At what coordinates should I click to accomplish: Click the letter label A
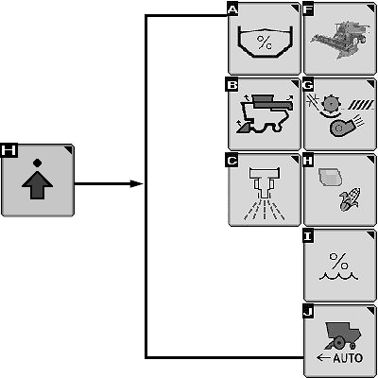point(232,9)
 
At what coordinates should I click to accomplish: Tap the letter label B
point(232,85)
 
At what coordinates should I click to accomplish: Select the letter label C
point(232,161)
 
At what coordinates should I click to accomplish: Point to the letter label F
point(308,9)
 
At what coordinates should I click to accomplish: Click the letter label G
point(308,85)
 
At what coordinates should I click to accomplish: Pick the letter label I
point(308,236)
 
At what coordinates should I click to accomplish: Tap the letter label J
point(308,312)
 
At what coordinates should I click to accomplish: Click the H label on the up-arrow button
point(9,150)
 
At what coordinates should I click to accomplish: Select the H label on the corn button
point(308,161)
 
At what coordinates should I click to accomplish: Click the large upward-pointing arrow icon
point(37,185)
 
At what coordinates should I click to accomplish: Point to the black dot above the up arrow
point(37,163)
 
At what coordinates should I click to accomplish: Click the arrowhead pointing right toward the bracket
point(137,183)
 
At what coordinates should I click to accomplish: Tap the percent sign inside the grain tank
point(265,43)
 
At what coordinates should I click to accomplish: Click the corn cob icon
point(350,199)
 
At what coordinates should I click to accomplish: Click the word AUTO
point(348,358)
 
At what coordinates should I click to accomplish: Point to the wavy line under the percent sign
point(338,276)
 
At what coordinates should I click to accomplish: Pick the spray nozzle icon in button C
point(264,194)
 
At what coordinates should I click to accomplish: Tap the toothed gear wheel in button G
point(330,103)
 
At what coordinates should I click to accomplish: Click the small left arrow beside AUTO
point(324,358)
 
